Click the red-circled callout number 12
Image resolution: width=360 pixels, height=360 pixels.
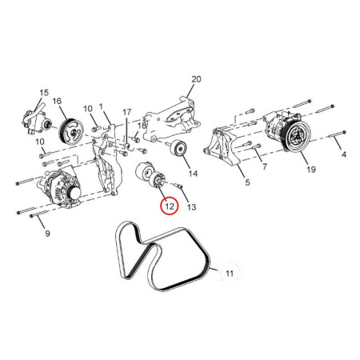[169, 206]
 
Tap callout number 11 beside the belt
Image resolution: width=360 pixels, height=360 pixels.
[230, 274]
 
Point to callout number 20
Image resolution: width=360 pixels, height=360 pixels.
[194, 78]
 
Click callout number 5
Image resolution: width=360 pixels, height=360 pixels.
[247, 183]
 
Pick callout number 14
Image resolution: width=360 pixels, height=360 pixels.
[192, 172]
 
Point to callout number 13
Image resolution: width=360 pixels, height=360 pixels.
[191, 206]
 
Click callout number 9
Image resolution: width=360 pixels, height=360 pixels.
[46, 233]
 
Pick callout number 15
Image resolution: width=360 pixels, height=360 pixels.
[44, 92]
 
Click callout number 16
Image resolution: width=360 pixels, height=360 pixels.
[58, 101]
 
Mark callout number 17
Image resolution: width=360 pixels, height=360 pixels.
[126, 111]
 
